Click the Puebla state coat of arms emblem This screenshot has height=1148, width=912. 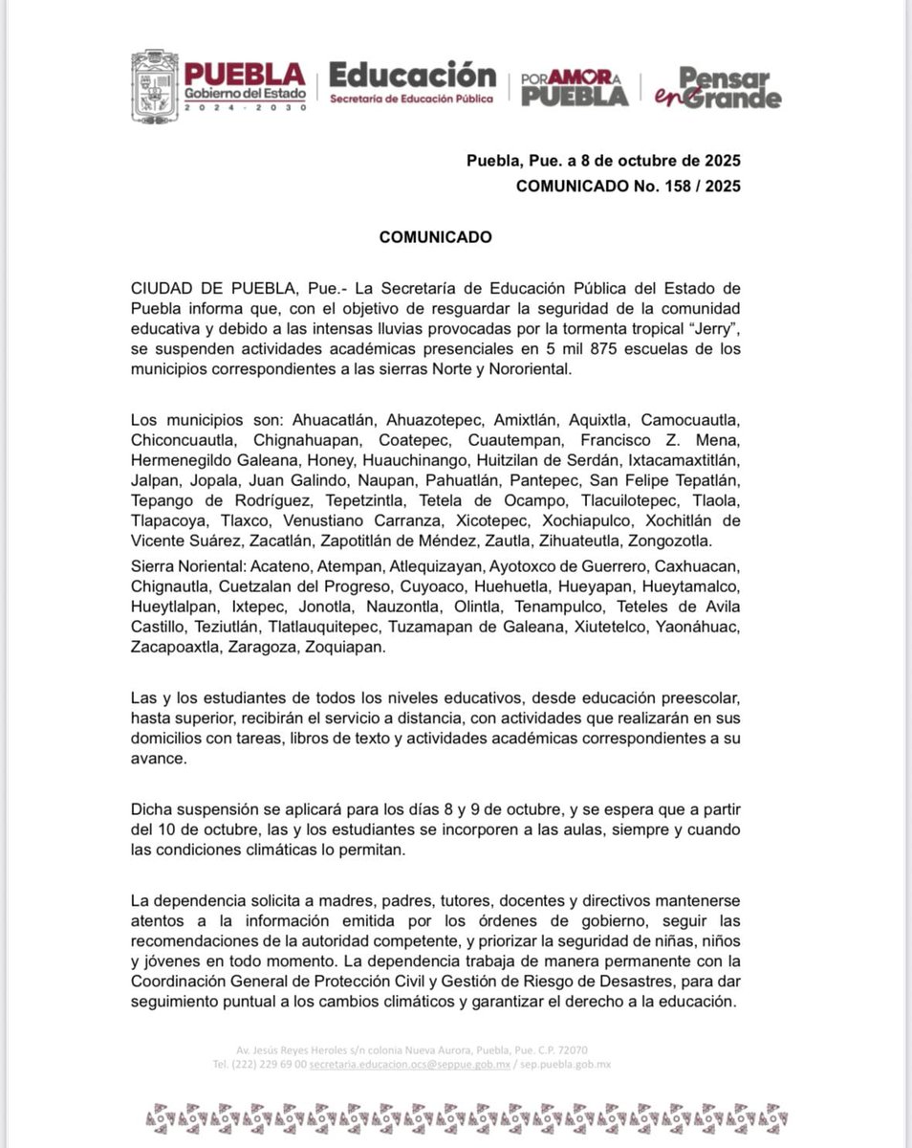pos(154,87)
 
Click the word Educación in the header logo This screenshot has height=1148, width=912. pos(412,76)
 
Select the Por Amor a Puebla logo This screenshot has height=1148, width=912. pos(574,88)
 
